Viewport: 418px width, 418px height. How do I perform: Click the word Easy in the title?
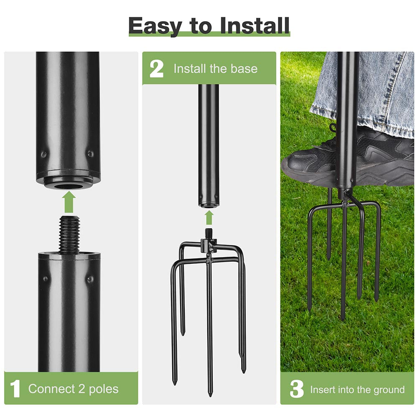click(x=155, y=26)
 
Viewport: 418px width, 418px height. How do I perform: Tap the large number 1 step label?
click(x=15, y=389)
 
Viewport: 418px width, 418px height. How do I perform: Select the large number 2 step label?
click(x=156, y=69)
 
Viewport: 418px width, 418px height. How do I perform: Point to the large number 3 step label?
click(x=296, y=389)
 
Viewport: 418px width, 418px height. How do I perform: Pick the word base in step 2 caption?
click(x=244, y=69)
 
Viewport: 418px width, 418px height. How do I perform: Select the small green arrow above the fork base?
click(x=209, y=217)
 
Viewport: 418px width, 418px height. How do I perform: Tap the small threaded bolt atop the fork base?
click(x=209, y=232)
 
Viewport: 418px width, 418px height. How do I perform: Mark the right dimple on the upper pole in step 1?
click(x=90, y=154)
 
